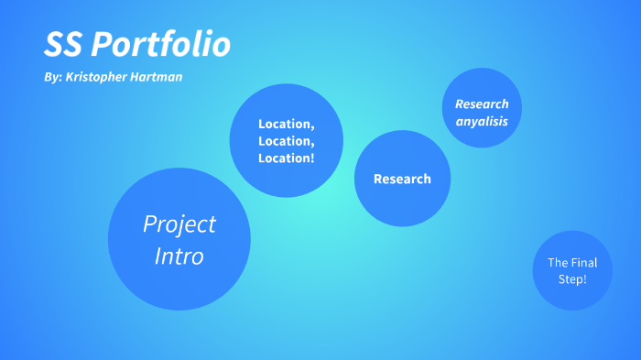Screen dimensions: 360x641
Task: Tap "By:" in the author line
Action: [x=52, y=77]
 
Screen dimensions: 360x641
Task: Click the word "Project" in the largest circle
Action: [x=179, y=224]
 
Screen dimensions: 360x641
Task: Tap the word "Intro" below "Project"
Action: [x=179, y=256]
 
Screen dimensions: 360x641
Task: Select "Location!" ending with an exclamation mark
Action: [x=287, y=158]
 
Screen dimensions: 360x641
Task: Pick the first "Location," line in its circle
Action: [x=287, y=124]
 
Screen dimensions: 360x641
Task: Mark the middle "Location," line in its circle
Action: [x=287, y=141]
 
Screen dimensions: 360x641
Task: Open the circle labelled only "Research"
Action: [x=402, y=179]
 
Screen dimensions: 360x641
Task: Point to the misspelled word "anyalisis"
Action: [x=482, y=121]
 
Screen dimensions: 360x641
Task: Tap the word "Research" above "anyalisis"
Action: [x=482, y=104]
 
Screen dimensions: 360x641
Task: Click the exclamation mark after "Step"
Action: [x=585, y=278]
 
